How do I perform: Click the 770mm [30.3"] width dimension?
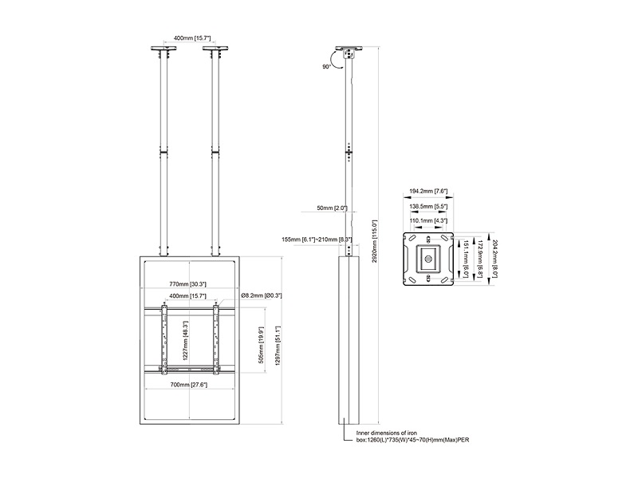189,283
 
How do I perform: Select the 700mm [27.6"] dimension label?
189,385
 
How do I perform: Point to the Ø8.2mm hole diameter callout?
262,296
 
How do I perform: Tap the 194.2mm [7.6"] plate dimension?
429,192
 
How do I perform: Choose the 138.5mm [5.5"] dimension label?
429,206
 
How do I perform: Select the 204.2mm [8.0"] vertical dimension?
494,258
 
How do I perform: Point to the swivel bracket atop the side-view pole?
348,54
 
